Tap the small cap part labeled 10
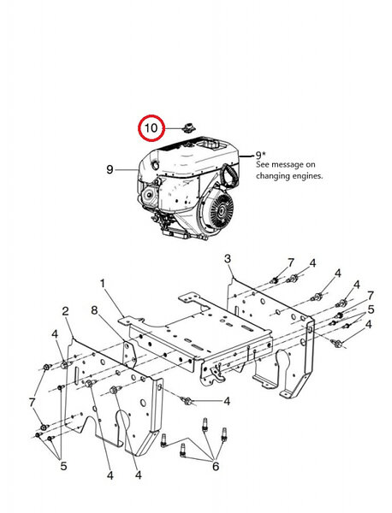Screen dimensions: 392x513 pos(188,128)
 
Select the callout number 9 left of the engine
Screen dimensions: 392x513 pos(110,169)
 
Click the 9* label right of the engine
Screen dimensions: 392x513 pos(260,155)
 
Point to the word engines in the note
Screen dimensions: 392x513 pos(306,176)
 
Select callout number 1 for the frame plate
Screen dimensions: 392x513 pos(103,283)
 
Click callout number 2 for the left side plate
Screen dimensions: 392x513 pos(66,311)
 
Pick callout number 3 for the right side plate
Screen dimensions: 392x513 pos(228,259)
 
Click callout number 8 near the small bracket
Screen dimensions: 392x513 pos(94,310)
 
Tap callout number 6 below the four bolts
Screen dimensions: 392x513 pos(216,466)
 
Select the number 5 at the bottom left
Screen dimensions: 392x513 pos(63,466)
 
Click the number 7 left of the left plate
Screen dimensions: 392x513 pos(32,403)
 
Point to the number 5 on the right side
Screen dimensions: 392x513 pos(371,310)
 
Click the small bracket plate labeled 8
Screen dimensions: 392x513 pos(129,355)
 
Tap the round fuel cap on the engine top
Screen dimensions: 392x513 pos(156,165)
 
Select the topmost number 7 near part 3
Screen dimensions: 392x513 pos(291,262)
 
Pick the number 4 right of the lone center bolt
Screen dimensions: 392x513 pos(227,401)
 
